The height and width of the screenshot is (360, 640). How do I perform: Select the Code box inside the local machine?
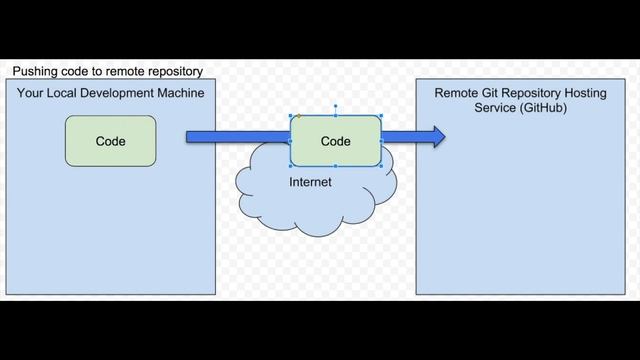coord(110,141)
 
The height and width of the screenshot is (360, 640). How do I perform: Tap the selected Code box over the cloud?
coord(335,141)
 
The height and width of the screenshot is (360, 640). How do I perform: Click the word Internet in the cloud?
coord(310,183)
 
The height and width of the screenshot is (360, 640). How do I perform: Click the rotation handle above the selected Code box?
coord(335,105)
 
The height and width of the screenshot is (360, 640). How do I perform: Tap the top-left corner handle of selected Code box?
coord(290,116)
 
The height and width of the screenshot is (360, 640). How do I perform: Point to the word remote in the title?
coord(125,72)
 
